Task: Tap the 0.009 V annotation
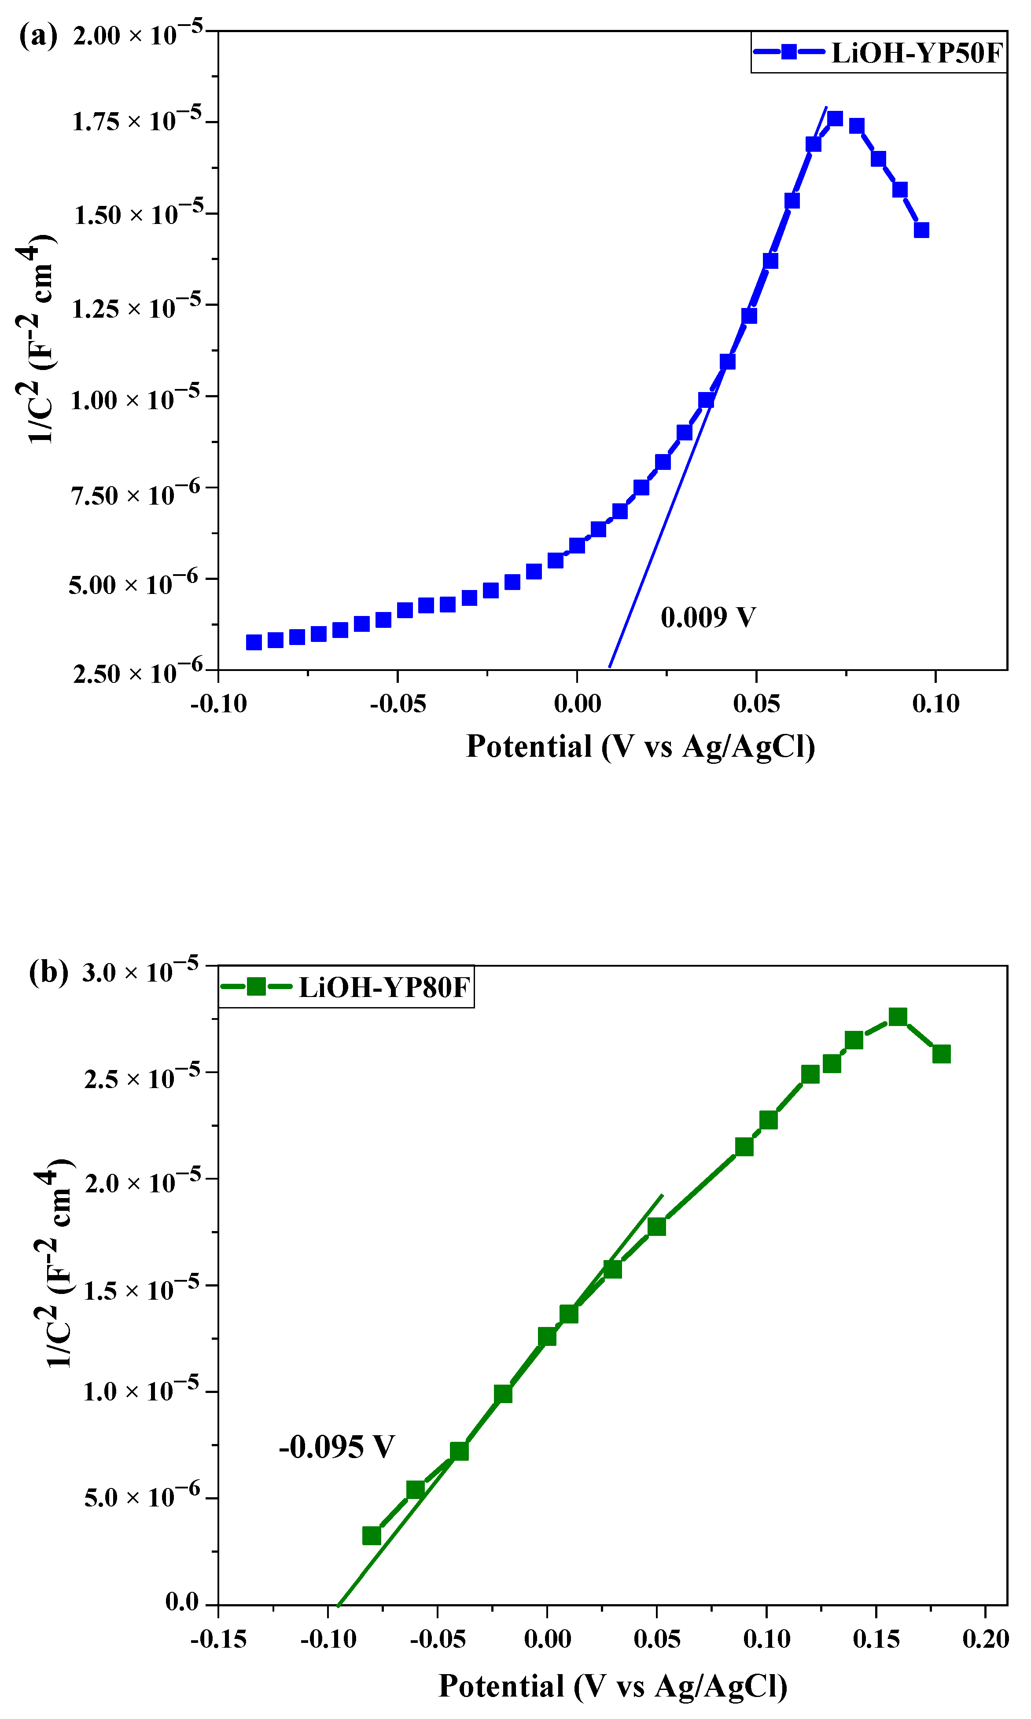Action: [707, 617]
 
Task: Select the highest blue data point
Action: [835, 119]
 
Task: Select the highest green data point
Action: [898, 1017]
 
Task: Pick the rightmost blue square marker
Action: [921, 230]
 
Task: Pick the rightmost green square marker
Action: [941, 1054]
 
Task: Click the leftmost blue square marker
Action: [254, 642]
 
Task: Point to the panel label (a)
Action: [38, 35]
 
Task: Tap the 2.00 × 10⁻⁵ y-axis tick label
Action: [137, 33]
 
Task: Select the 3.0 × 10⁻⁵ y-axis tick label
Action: [140, 971]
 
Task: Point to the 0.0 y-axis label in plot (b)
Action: [182, 1602]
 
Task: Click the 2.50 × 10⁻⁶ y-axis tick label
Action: [137, 671]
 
